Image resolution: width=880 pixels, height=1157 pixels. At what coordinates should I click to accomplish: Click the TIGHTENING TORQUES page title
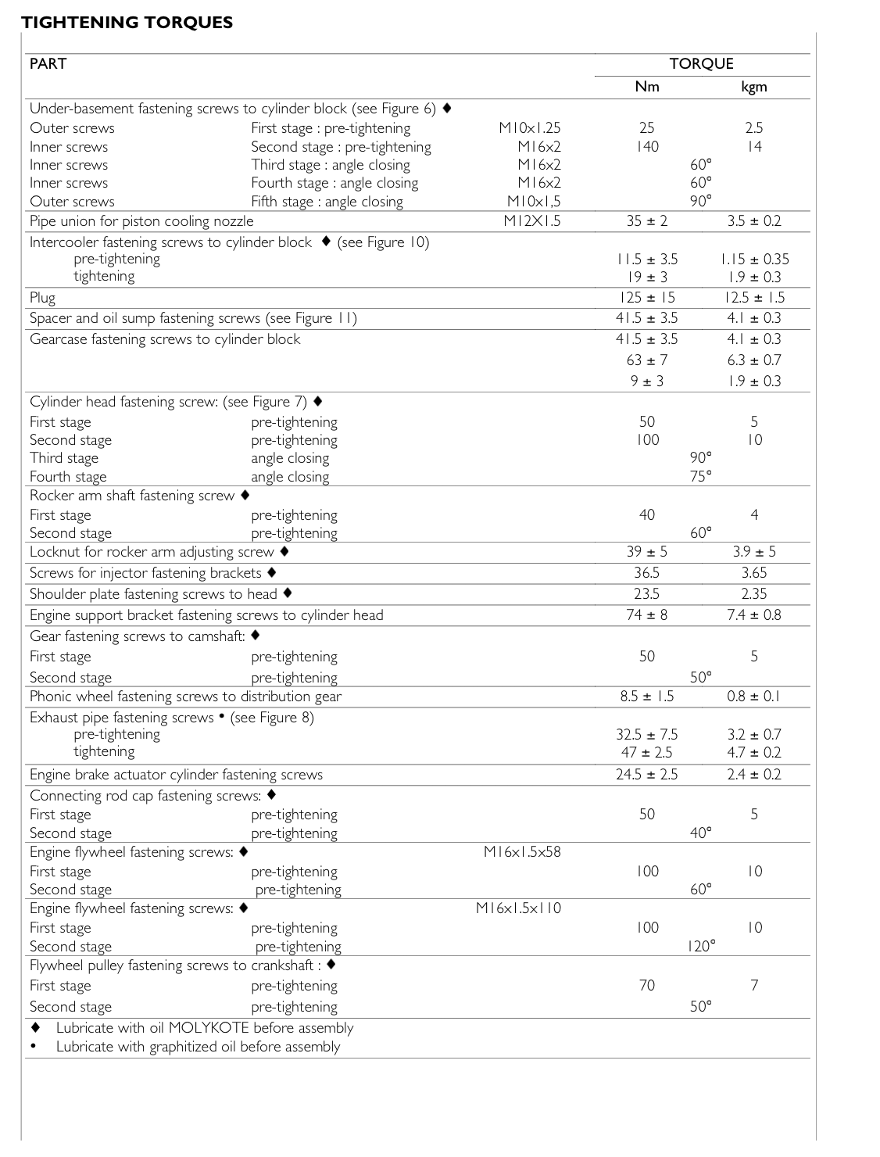[127, 22]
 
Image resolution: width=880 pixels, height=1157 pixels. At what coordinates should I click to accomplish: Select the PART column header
[48, 64]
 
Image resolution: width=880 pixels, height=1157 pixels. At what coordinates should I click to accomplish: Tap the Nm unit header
[646, 87]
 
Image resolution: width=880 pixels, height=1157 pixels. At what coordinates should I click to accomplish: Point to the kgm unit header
[753, 87]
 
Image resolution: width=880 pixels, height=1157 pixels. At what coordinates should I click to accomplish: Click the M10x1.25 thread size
[529, 128]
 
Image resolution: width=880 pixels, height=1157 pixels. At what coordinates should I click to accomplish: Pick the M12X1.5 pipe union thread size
[531, 221]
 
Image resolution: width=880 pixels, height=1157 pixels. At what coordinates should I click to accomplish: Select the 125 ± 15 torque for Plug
[646, 298]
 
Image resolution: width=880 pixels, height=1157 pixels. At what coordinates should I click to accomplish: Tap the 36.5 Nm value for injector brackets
[646, 573]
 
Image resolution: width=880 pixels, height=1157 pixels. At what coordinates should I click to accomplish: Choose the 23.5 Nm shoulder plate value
[646, 594]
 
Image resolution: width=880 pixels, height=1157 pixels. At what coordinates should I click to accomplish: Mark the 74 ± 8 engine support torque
[646, 615]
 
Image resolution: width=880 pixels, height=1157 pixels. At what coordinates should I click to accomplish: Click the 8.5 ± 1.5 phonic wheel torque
[646, 697]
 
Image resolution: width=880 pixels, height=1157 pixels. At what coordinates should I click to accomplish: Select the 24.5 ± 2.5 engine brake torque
[646, 775]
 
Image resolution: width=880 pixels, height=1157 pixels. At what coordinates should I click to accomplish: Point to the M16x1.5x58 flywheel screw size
[522, 852]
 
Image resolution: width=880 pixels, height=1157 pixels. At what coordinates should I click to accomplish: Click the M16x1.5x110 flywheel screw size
[518, 908]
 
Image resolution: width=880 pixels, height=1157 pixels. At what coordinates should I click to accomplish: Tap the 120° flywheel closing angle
[701, 947]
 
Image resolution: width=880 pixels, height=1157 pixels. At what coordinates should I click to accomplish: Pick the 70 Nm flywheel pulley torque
[646, 986]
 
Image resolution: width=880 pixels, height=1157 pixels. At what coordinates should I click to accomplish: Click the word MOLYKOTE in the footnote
[209, 1028]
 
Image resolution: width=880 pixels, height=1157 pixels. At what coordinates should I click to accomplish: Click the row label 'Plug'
[42, 298]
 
